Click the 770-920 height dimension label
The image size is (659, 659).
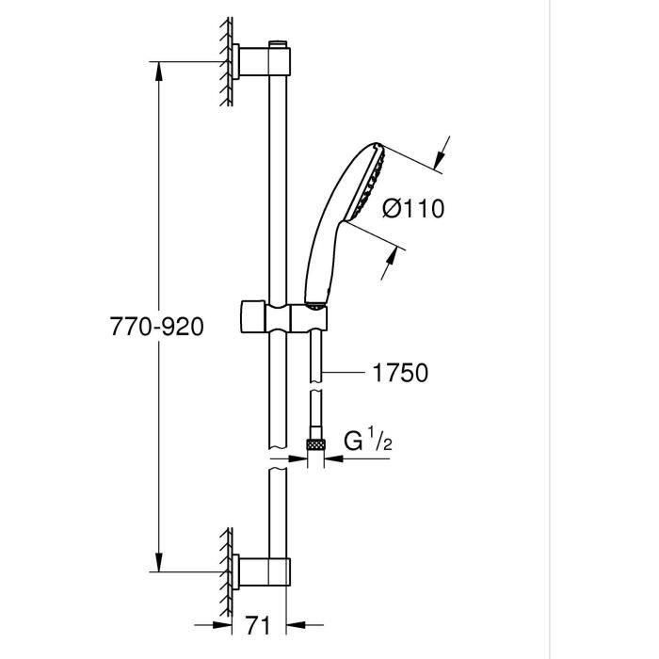tap(156, 327)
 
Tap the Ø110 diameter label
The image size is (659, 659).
tap(413, 208)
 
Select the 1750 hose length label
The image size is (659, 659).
tap(401, 373)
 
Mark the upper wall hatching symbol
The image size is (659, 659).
tap(226, 62)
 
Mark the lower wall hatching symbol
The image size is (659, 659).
tap(226, 570)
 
